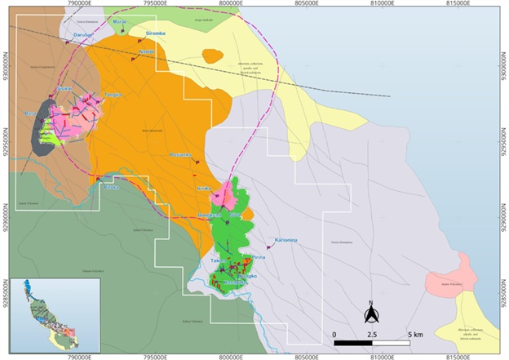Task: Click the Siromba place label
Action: click(155, 33)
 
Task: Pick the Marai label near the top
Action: click(120, 22)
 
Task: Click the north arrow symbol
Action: click(370, 312)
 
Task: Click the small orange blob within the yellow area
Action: click(212, 56)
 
